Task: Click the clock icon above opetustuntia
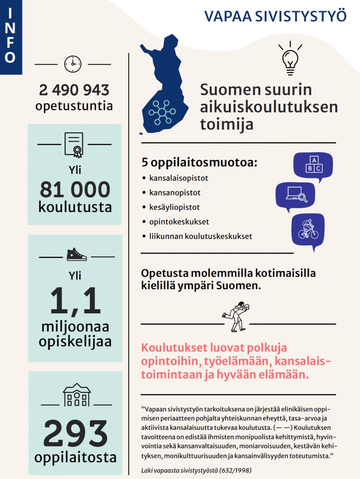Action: click(73, 64)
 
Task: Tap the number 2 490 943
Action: click(74, 90)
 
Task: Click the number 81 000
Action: click(75, 189)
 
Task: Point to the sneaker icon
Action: click(76, 255)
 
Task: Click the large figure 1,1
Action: click(75, 301)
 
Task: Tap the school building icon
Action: click(77, 396)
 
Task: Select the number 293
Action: click(75, 434)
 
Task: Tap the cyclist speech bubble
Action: click(308, 229)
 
